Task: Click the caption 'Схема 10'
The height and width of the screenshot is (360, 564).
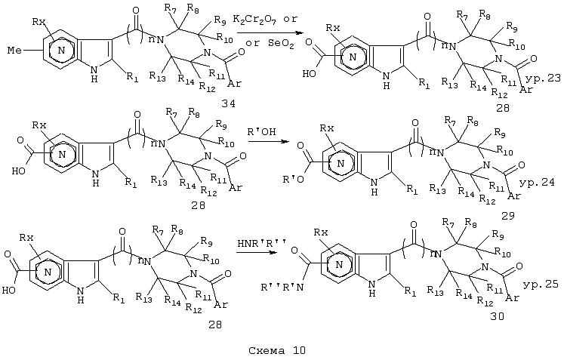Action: tap(277, 350)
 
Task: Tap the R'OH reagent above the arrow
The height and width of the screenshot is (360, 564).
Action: tap(261, 131)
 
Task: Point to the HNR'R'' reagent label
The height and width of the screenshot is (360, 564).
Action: tap(261, 243)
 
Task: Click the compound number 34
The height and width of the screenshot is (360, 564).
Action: tap(228, 103)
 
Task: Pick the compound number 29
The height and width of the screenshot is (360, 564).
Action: tap(507, 215)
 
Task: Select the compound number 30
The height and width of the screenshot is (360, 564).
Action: tap(497, 316)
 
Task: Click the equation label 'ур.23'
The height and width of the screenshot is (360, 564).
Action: tap(543, 78)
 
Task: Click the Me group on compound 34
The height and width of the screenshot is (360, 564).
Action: tap(15, 51)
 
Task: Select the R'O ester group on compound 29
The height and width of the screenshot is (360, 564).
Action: tap(294, 179)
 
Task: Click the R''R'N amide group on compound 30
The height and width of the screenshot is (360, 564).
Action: tap(282, 288)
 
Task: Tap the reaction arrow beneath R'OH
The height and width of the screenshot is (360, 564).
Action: tap(269, 141)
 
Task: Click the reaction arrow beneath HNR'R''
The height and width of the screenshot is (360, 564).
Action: tap(257, 252)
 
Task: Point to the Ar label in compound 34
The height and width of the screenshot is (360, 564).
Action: tap(235, 84)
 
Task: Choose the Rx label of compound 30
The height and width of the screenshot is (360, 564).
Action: tap(321, 232)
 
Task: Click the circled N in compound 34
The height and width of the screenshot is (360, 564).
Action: tap(61, 51)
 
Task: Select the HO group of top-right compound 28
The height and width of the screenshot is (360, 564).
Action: tap(309, 74)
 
